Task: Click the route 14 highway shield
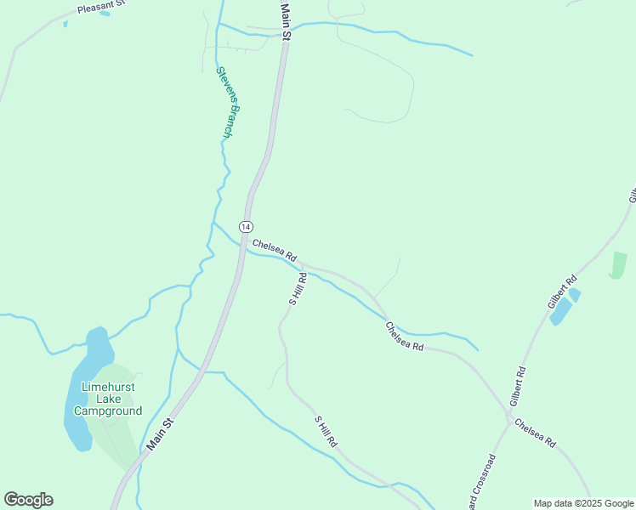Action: (x=245, y=226)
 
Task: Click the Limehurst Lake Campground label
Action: (x=108, y=399)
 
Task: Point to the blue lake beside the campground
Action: (x=85, y=387)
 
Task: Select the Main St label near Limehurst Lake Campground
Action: (x=159, y=433)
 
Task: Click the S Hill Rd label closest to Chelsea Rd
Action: (x=297, y=289)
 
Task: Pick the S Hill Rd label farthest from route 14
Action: (x=327, y=432)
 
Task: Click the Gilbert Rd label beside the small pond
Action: (x=562, y=292)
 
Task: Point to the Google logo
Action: (x=28, y=500)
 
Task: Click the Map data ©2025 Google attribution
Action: (x=583, y=503)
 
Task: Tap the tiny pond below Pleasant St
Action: (x=65, y=23)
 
